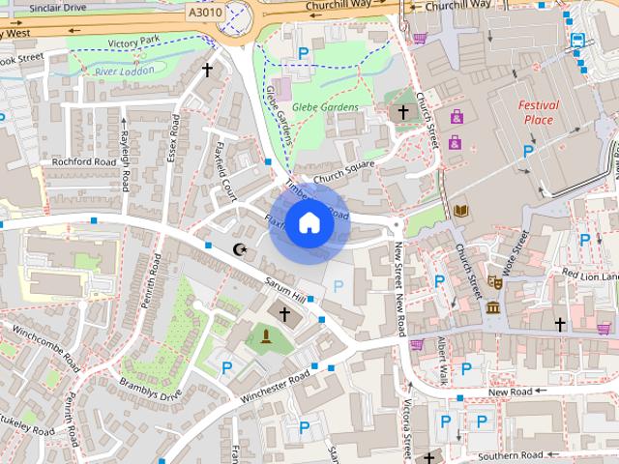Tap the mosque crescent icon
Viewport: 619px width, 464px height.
pyautogui.click(x=240, y=250)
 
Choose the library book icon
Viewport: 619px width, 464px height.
pyautogui.click(x=461, y=210)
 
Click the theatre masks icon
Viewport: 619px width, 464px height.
pyautogui.click(x=493, y=282)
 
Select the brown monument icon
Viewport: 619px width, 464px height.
pyautogui.click(x=264, y=336)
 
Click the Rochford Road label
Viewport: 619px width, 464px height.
pyautogui.click(x=84, y=161)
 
